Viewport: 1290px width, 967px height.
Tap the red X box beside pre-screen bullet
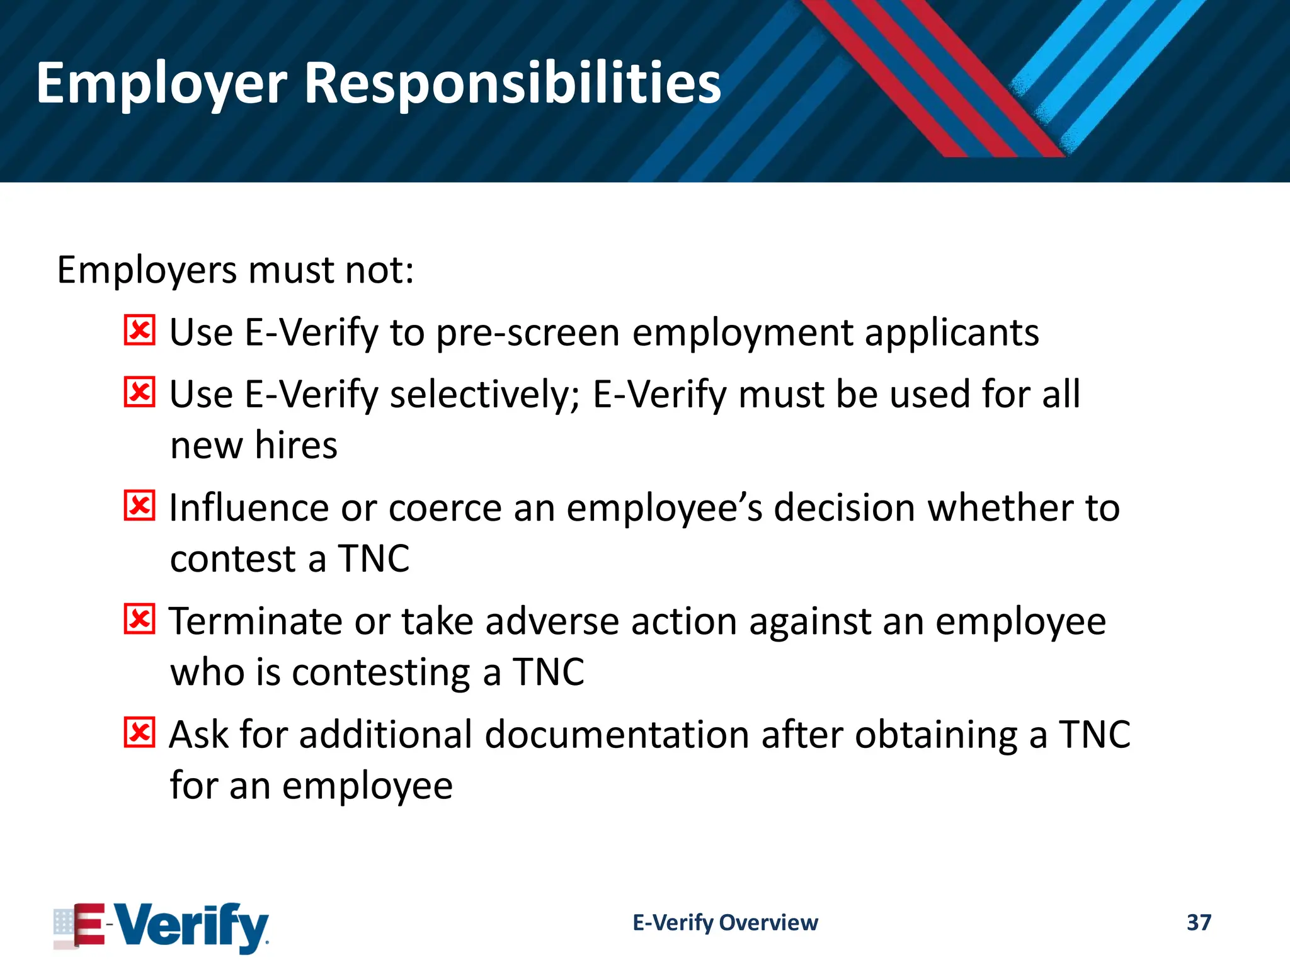coord(139,331)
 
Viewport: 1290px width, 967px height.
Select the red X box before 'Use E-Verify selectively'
coord(139,392)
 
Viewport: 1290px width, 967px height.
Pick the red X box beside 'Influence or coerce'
coord(139,506)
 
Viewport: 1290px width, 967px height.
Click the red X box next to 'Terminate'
coord(139,619)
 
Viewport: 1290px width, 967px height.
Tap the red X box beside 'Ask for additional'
coord(139,732)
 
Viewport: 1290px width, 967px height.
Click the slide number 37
coord(1199,922)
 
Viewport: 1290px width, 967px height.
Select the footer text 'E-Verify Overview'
coord(725,922)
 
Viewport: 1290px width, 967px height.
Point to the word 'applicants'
coord(951,333)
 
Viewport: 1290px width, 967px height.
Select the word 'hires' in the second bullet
coord(296,446)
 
